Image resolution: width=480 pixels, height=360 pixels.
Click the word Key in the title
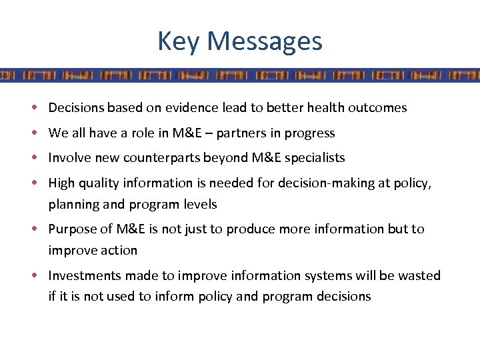point(179,41)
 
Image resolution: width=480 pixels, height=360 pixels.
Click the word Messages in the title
point(265,41)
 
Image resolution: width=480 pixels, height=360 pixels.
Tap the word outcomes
point(378,108)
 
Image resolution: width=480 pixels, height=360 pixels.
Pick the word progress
point(310,133)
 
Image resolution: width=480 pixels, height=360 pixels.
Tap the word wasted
point(420,276)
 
